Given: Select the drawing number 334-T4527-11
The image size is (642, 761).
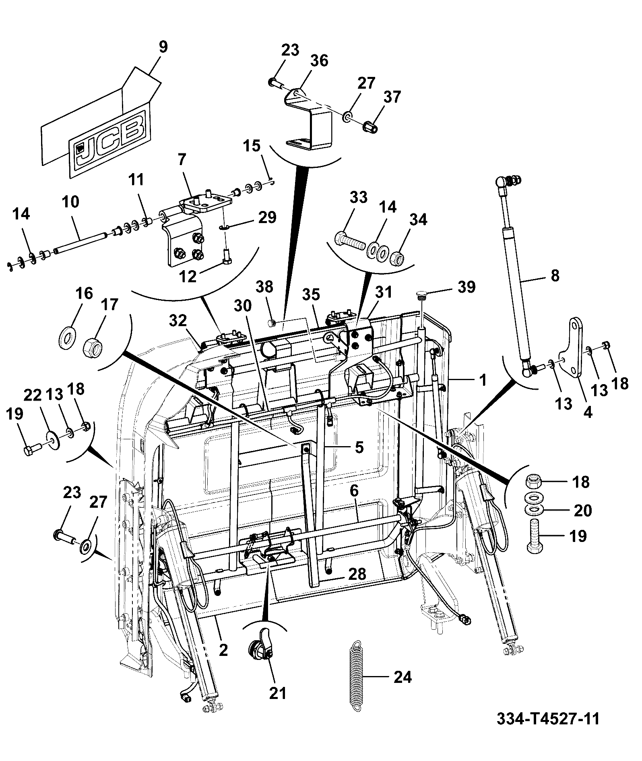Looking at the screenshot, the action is click(x=548, y=718).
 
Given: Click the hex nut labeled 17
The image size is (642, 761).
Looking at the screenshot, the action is click(x=93, y=345).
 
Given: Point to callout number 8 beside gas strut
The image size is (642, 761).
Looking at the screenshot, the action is click(x=555, y=276).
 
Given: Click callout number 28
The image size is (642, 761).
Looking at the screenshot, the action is click(x=357, y=574).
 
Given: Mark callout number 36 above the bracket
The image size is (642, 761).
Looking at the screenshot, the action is click(x=319, y=61).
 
